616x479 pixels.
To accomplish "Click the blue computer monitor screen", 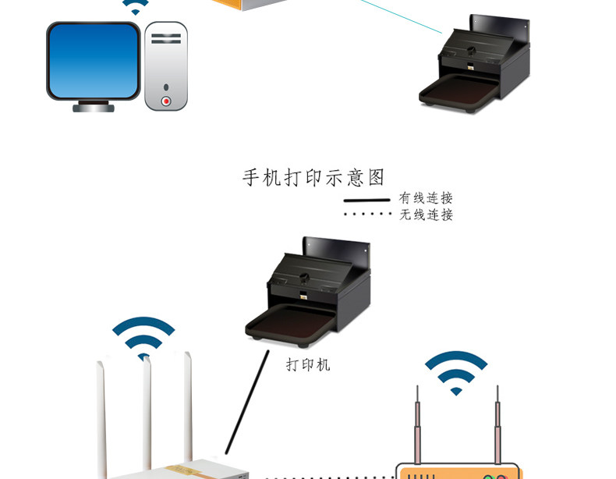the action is [x=94, y=60].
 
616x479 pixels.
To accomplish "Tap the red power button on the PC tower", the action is [x=166, y=101].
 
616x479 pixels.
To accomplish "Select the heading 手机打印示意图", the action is [x=313, y=178].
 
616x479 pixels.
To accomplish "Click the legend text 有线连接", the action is [x=426, y=198].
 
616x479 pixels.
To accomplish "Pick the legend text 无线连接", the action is [x=426, y=215].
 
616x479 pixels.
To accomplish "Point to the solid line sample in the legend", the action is [x=366, y=200].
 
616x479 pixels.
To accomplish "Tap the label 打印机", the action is [x=308, y=364].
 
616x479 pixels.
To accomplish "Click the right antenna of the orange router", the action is [x=497, y=425].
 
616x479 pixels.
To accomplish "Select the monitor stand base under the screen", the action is [x=94, y=107].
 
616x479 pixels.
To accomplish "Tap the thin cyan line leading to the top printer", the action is [x=402, y=16].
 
